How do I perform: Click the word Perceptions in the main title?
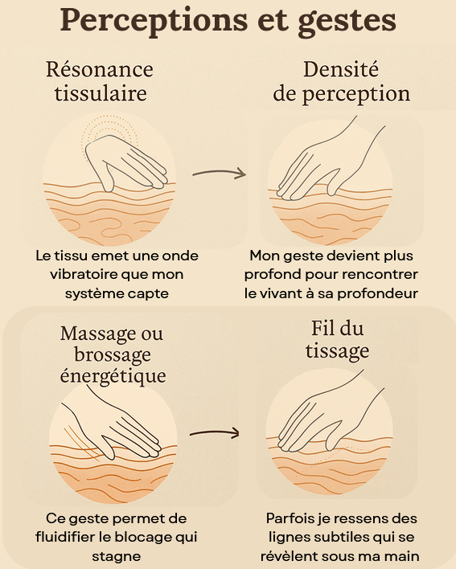(154, 21)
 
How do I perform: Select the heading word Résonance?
(100, 69)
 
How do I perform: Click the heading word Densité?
(341, 69)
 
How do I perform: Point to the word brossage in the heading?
(113, 355)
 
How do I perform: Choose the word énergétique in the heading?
(113, 375)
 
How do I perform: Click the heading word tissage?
(337, 351)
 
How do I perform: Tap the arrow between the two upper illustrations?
(220, 173)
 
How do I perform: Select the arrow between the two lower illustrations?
(215, 433)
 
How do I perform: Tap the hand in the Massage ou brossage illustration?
(116, 428)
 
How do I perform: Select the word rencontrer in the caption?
(380, 275)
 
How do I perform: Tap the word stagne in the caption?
(116, 557)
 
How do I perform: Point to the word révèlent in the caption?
(288, 556)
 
